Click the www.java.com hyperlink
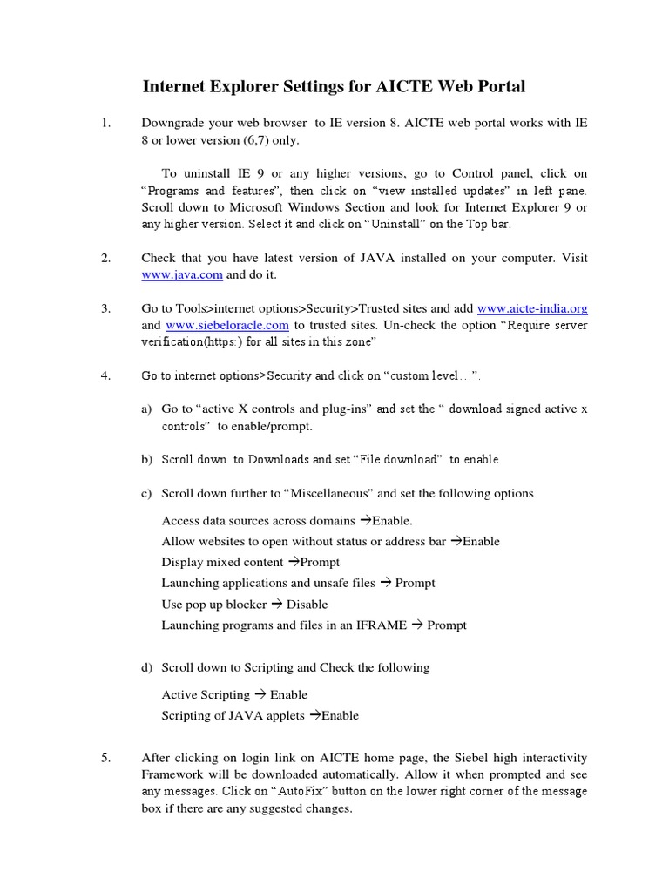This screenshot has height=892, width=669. pos(182,274)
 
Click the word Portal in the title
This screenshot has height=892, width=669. pos(499,86)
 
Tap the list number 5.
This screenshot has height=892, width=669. pos(105,758)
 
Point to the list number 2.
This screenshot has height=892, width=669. pos(105,258)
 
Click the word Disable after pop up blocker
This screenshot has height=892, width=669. pos(307,604)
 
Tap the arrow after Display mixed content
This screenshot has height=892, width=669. pos(293,562)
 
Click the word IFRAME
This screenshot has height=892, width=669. pos(379,625)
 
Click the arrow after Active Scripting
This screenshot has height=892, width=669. pos(260,694)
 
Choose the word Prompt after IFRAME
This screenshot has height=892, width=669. pos(447,625)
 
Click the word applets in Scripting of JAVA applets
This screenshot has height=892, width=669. pos(282,715)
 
